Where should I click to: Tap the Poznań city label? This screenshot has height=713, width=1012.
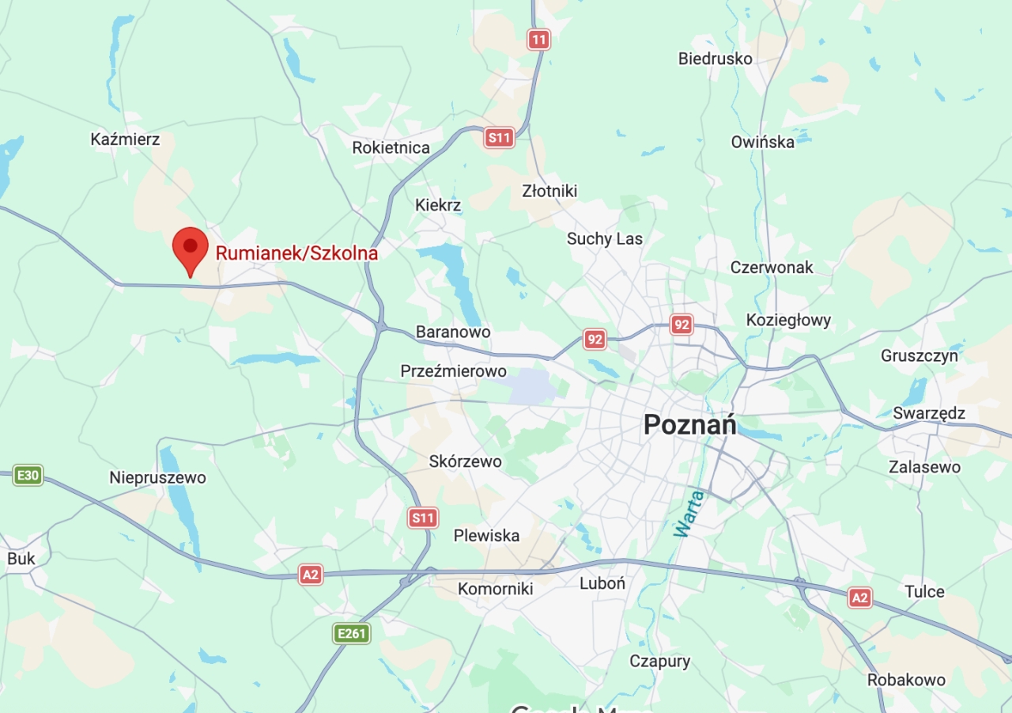[689, 425]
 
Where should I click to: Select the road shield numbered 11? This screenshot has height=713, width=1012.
[539, 40]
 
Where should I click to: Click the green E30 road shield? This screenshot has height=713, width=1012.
[28, 476]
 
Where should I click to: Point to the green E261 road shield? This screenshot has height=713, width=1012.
[351, 633]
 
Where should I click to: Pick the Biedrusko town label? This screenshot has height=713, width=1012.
[715, 59]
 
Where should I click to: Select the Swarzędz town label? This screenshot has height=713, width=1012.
[929, 413]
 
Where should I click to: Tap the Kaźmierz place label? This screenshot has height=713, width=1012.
[125, 140]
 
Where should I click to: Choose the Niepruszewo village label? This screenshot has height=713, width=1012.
[157, 478]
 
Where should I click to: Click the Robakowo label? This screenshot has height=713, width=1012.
[906, 680]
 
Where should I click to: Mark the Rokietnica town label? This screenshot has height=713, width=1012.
[391, 148]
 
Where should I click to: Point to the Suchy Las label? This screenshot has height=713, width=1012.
[605, 239]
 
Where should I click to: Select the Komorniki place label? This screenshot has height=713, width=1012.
[495, 589]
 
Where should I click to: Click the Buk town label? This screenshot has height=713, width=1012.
[21, 559]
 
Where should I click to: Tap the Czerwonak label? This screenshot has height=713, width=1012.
[772, 267]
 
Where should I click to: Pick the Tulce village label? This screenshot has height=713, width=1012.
[924, 592]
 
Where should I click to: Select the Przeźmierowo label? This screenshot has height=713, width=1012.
[453, 371]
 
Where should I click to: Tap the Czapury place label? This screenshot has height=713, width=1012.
[659, 662]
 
